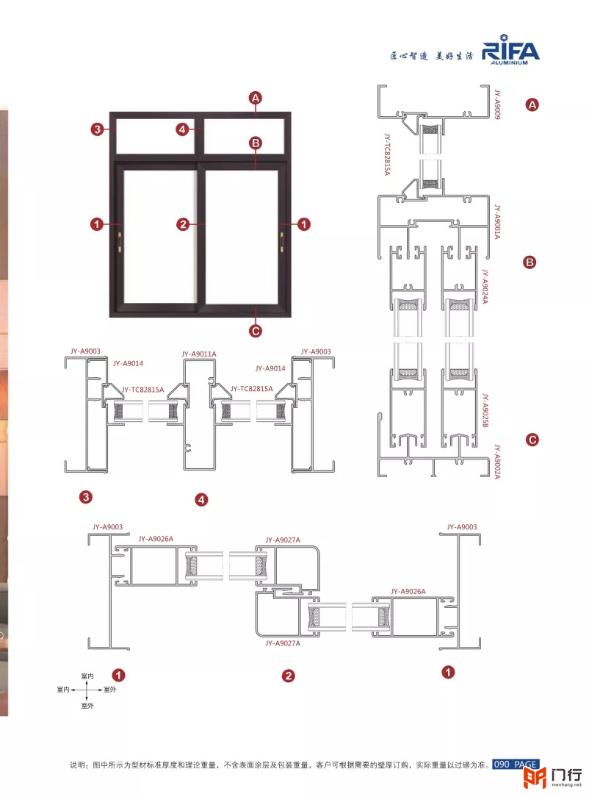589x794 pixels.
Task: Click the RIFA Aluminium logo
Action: pos(510,49)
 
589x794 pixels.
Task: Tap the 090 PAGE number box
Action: pos(516,764)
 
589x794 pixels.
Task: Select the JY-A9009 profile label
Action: pos(497,104)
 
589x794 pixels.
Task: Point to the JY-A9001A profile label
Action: pos(497,222)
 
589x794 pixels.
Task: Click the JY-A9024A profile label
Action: pos(485,287)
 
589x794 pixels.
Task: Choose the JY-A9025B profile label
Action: pos(485,410)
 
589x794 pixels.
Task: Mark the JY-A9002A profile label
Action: pos(497,461)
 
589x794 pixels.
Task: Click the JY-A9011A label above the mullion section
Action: pos(199,354)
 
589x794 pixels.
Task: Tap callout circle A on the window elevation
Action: pos(256,98)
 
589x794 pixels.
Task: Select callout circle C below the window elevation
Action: pos(256,331)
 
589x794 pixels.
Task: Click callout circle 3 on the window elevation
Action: pos(97,129)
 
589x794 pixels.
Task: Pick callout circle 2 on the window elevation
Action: pos(183,223)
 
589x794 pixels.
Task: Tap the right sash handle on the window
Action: pos(281,241)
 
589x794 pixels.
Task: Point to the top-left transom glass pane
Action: pos(156,136)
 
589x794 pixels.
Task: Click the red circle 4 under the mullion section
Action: pos(201,500)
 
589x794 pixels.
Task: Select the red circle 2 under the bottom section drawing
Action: pos(289,676)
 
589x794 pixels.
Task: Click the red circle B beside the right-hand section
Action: pos(530,262)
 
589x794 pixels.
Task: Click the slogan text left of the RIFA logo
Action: pos(432,56)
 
